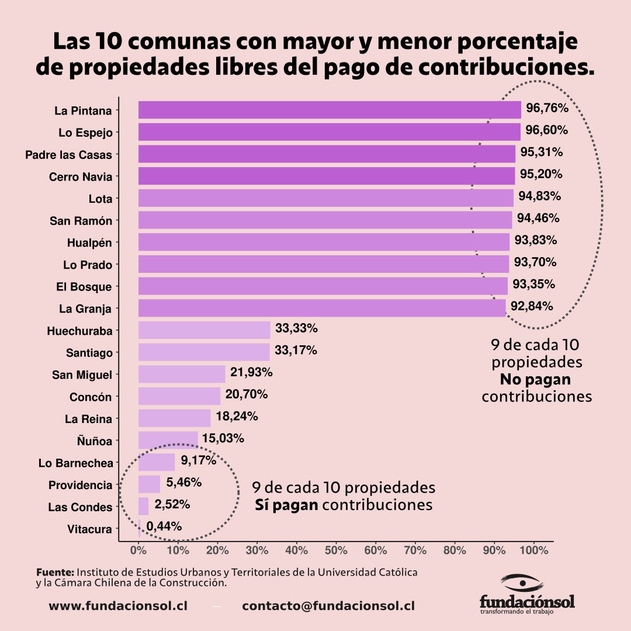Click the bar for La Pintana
point(330,110)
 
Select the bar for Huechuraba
point(204,330)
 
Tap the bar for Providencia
point(150,484)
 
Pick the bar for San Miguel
point(182,374)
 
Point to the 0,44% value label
point(164,526)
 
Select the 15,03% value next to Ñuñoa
point(223,438)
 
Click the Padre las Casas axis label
point(68,155)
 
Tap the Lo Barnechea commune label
point(75,463)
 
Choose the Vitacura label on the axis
point(89,529)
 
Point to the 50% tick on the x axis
point(336,550)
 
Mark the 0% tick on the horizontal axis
point(138,550)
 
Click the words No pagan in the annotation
point(535,380)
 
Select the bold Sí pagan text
point(286,505)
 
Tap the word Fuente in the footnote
point(55,572)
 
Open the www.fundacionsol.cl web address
point(119,606)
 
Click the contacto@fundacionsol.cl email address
point(328,606)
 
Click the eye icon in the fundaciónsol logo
point(522,582)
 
